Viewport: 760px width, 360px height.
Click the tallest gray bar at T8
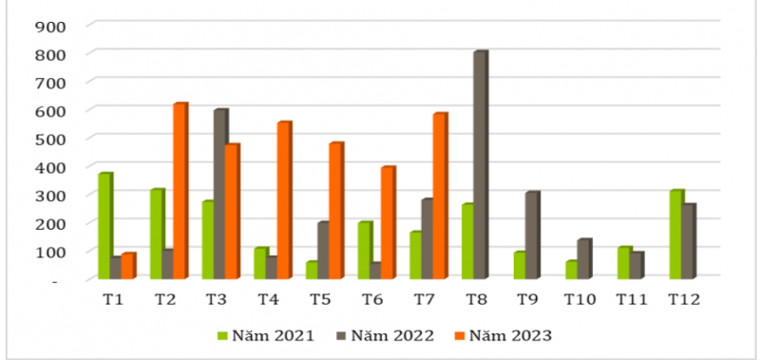480,165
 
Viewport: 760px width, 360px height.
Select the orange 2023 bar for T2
180,191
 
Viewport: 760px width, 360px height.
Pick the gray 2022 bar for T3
220,194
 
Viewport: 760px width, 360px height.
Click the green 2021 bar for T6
365,251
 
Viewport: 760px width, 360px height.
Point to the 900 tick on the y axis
49,26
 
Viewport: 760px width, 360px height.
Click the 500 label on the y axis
49,139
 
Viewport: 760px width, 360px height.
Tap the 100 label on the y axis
49,252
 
